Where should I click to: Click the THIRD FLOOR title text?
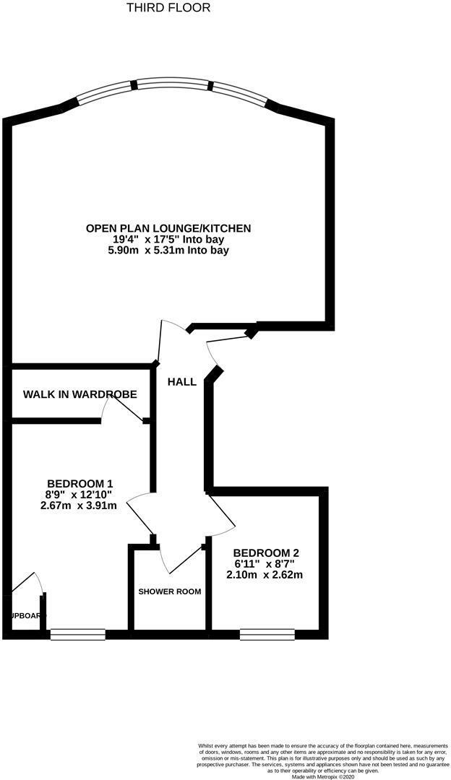point(168,8)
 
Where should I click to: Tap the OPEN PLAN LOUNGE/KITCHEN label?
point(168,228)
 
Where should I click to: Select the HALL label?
point(181,381)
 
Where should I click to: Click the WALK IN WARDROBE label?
point(80,394)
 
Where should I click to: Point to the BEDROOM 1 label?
point(80,483)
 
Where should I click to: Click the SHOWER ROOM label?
point(170,591)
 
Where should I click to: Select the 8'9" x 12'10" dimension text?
point(80,495)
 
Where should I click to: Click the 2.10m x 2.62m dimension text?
point(263,575)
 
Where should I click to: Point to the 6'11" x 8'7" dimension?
point(263,563)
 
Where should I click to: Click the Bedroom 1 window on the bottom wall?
point(78,635)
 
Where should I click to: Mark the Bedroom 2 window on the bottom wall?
point(267,635)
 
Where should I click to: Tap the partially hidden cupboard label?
point(27,615)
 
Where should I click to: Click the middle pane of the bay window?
point(172,84)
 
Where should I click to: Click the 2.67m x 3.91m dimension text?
point(80,506)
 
